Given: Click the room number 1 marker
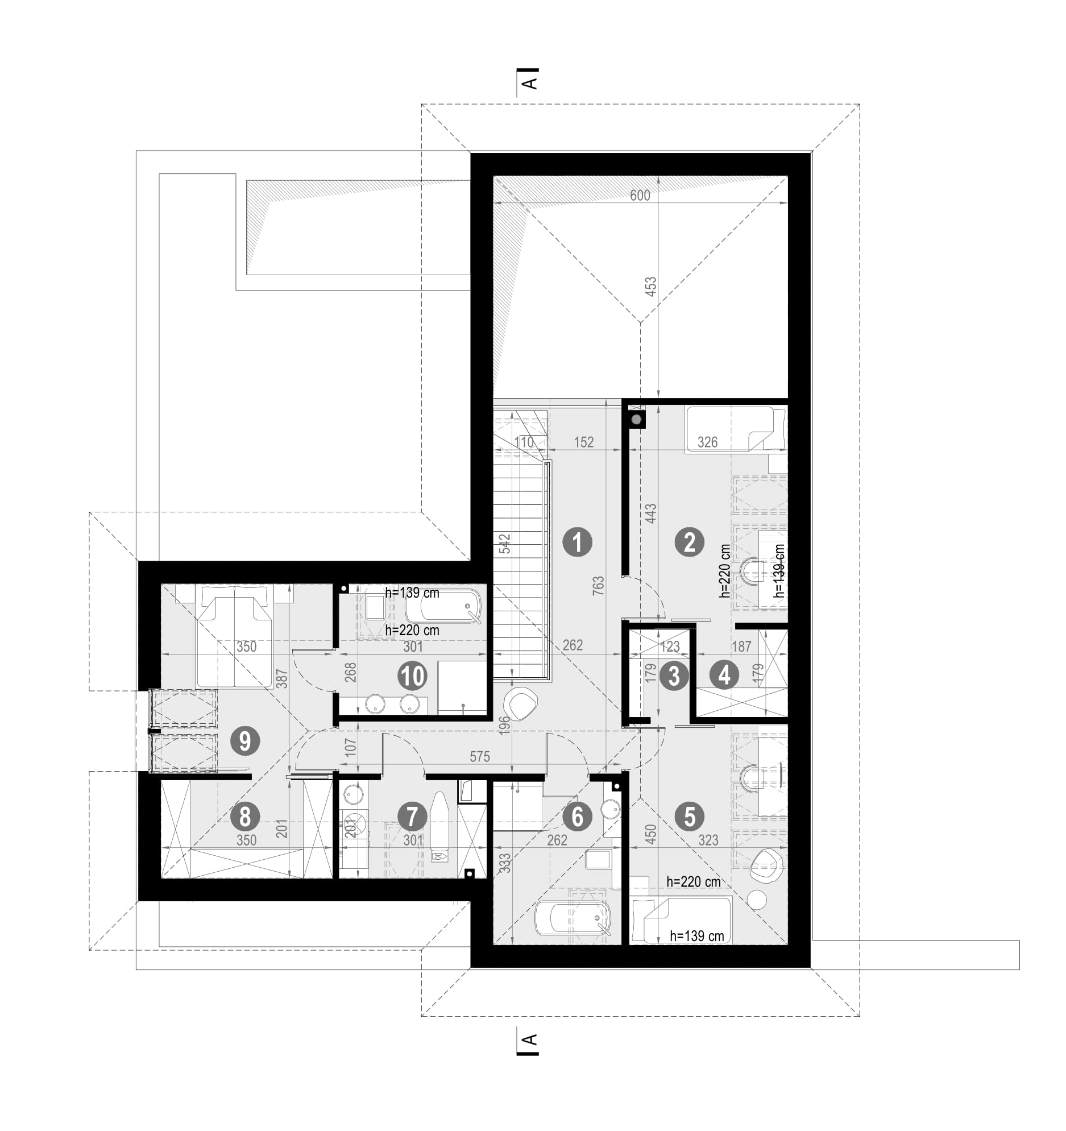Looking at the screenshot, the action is click(578, 542).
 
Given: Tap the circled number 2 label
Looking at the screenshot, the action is click(690, 542).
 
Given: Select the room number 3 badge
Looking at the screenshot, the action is click(674, 677).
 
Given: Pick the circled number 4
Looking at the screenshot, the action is click(724, 676).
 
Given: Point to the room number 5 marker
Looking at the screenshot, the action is click(690, 818).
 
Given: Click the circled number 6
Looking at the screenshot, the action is click(578, 818).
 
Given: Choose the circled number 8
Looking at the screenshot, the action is click(245, 818).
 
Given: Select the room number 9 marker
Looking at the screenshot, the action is click(245, 742).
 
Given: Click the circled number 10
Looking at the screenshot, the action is click(413, 677).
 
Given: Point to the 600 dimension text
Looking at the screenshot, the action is click(640, 196).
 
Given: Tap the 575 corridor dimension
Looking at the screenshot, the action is click(479, 757).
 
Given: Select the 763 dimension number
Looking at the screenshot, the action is click(598, 587).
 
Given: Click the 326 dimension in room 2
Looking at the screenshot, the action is click(707, 442).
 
